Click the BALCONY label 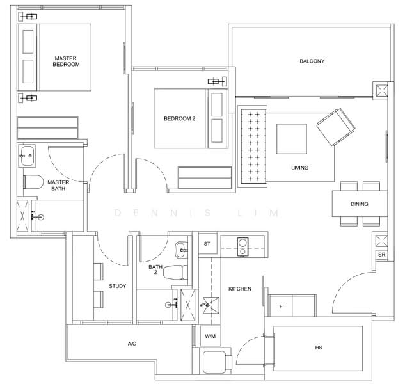tap(312, 61)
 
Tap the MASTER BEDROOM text tap(66, 61)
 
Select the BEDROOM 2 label tap(180, 119)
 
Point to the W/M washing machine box tap(210, 336)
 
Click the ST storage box tap(208, 243)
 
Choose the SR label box tap(381, 255)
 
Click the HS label tap(319, 348)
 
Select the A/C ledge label tap(132, 344)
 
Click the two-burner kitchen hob tap(242, 247)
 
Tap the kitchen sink tap(210, 305)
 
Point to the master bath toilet tap(33, 182)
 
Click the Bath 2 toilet tap(175, 272)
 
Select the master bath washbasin tap(27, 156)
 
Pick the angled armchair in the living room tap(336, 127)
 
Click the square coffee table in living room tap(292, 139)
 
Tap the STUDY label tap(118, 286)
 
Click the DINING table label tap(360, 204)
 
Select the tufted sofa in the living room tap(253, 146)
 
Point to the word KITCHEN tap(240, 289)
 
